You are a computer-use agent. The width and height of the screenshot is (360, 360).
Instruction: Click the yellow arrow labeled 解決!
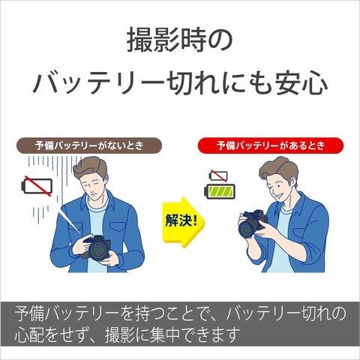(x=182, y=222)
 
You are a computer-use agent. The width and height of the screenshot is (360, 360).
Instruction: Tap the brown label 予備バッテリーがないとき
(x=89, y=145)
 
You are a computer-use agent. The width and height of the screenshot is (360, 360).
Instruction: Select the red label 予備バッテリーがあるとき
(x=271, y=145)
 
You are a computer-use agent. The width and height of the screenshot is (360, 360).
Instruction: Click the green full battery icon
(x=220, y=191)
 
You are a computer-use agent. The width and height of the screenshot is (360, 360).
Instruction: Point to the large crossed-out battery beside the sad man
(x=37, y=186)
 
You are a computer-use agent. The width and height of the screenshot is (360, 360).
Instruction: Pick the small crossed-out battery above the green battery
(x=218, y=175)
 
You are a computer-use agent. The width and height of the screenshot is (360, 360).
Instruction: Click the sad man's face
(x=93, y=185)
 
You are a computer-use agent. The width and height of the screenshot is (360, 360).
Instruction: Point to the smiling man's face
(x=279, y=185)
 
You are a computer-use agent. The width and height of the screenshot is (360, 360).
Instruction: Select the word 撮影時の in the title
(x=180, y=40)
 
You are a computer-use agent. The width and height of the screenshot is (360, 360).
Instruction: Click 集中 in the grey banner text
(x=164, y=334)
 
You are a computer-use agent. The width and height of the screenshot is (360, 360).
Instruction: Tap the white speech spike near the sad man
(x=70, y=221)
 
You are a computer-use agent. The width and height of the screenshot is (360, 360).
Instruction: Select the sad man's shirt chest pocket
(x=118, y=226)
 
